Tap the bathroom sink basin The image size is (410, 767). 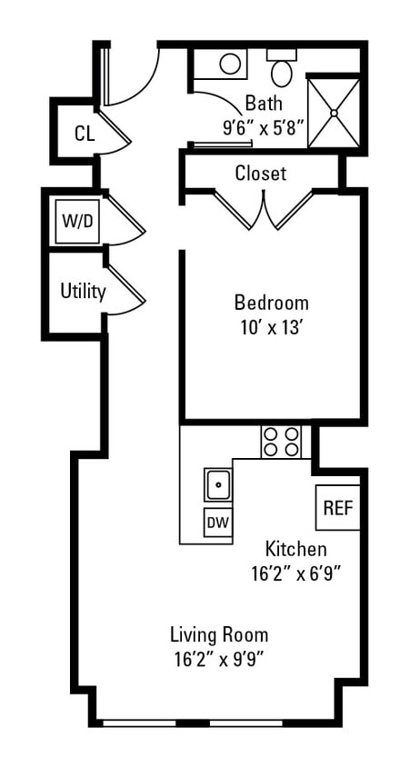pos(231,64)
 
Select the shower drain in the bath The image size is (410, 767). pos(334,113)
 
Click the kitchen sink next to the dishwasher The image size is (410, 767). pos(218,485)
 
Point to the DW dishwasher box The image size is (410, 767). pos(217,523)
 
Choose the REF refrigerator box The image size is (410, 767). pos(337,507)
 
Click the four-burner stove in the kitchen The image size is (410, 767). pos(281,442)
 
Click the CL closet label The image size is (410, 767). pos(84,134)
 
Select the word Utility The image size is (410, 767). pos(83,292)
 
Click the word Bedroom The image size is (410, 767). pos(271,303)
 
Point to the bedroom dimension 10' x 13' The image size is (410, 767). pos(271,327)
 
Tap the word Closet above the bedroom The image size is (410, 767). pos(260,173)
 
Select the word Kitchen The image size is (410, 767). pos(295,549)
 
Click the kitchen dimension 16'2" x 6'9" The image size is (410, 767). pos(295,573)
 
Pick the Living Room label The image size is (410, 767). pos(219,634)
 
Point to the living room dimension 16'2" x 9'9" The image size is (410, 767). pos(219,659)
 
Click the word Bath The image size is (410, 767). pos(264,104)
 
